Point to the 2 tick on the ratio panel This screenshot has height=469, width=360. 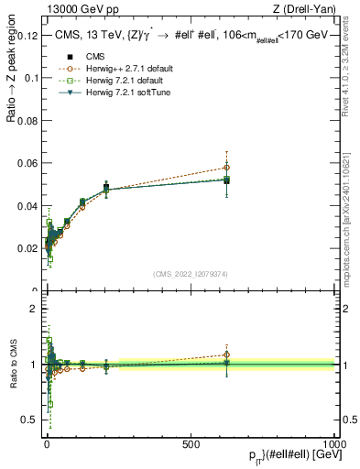point(33,308)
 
